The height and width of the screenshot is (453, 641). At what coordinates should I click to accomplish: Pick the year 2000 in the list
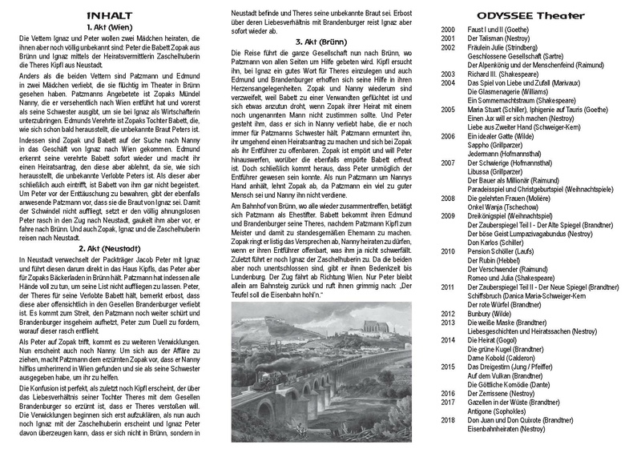click(x=449, y=29)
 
